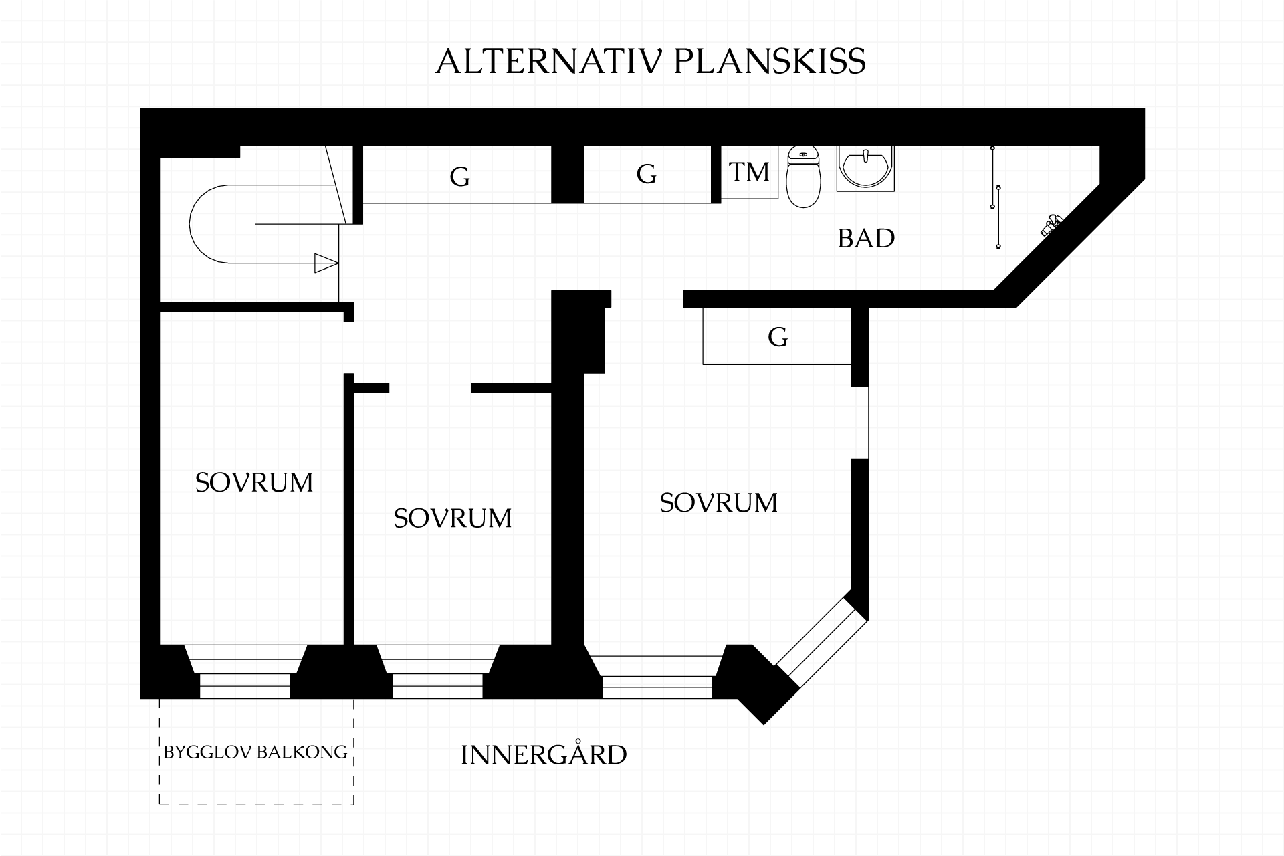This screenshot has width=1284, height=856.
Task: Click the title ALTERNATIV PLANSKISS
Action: click(651, 62)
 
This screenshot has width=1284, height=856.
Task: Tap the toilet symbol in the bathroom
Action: click(803, 177)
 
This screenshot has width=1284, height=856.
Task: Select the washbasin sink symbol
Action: click(866, 169)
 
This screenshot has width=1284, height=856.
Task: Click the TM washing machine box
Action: click(750, 173)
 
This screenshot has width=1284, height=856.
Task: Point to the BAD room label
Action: click(866, 239)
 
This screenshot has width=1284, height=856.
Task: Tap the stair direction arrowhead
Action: click(326, 263)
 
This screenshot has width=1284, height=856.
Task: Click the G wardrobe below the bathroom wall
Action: click(777, 336)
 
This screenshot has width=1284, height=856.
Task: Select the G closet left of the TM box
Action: click(647, 175)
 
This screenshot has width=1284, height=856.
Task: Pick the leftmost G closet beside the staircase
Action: click(459, 175)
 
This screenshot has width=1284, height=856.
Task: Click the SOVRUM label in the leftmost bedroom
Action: click(254, 483)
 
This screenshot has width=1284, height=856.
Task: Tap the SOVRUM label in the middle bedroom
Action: click(453, 518)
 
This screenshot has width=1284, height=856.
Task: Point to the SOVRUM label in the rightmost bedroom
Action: click(719, 503)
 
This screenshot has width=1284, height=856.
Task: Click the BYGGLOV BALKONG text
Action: click(255, 752)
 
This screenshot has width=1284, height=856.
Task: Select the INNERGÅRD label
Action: click(544, 754)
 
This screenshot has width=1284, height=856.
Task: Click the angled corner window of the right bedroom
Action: click(822, 643)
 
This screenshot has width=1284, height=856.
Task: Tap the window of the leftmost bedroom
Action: click(245, 671)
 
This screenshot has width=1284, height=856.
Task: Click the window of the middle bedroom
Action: click(438, 671)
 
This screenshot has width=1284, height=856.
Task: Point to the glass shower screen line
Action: click(996, 197)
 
